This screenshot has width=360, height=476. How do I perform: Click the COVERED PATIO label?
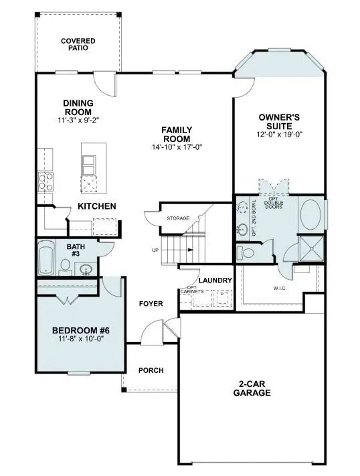tap(78, 44)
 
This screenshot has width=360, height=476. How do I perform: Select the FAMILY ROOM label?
tap(177, 134)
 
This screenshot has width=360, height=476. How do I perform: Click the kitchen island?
tap(89, 167)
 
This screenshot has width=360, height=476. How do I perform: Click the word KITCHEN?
tap(98, 206)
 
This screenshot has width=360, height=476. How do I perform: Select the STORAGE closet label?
tap(178, 218)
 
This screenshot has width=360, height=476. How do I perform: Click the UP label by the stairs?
tap(155, 250)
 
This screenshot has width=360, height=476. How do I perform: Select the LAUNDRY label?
tap(215, 280)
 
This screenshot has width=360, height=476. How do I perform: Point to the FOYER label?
tap(151, 303)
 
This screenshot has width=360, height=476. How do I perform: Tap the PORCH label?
tap(151, 370)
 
